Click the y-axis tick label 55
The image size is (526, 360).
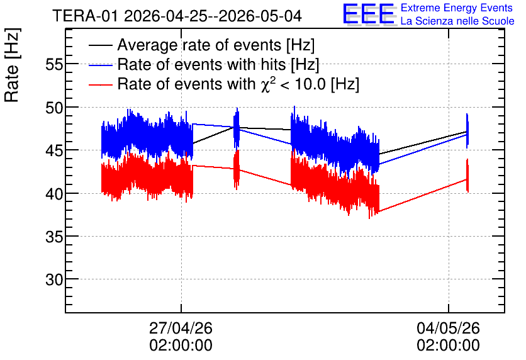(54, 64)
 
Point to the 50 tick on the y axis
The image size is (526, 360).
(54, 108)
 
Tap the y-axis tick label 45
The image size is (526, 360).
(54, 150)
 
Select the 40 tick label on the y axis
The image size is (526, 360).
(54, 194)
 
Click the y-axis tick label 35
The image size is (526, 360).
(54, 237)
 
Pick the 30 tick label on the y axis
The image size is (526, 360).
(54, 279)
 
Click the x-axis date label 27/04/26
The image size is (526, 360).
(181, 328)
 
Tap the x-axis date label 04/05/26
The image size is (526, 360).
(448, 328)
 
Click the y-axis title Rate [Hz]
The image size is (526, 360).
(12, 65)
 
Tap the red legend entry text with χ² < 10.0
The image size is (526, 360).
(238, 84)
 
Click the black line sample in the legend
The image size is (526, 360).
(100, 45)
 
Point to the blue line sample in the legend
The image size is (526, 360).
(100, 65)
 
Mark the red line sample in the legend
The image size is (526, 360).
(100, 84)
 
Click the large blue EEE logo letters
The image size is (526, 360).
(368, 14)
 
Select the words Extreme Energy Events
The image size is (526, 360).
(457, 8)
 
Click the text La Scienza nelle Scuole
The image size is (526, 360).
(457, 21)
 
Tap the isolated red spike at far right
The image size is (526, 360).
(467, 176)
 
